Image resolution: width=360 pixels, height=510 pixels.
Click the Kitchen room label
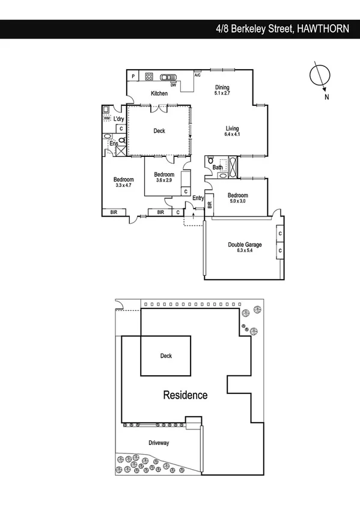[159, 93]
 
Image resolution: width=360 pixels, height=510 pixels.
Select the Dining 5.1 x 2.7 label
[222, 90]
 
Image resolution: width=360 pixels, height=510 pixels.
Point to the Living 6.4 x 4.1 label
[232, 131]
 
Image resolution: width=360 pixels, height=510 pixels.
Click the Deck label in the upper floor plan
[159, 131]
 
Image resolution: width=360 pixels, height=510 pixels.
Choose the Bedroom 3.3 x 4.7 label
[123, 182]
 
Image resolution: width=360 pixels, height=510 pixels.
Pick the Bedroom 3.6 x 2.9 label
[163, 177]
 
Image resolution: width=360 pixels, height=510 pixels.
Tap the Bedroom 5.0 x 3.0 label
[237, 198]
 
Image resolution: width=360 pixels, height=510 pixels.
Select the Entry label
[198, 198]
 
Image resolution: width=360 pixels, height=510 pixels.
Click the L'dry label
[118, 110]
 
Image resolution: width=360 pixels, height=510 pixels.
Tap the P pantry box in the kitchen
[133, 76]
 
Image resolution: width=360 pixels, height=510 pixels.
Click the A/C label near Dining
[197, 75]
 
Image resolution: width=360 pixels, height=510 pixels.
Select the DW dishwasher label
[172, 85]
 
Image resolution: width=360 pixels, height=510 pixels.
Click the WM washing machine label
[106, 118]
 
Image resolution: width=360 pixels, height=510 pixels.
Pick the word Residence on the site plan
[186, 395]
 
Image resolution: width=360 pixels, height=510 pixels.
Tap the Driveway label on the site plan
[159, 443]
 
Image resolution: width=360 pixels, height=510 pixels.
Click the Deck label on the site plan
[166, 356]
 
